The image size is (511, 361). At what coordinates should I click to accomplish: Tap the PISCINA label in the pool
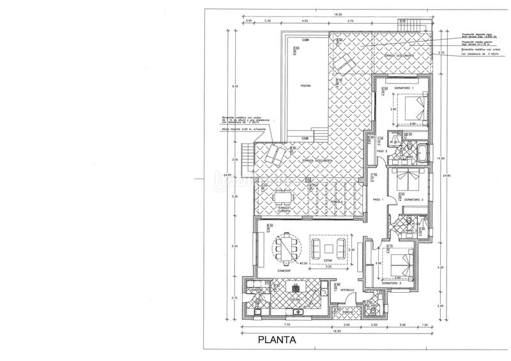point(303,87)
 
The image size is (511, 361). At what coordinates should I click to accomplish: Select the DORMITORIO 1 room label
point(404,87)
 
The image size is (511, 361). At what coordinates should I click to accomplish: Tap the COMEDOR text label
point(285,270)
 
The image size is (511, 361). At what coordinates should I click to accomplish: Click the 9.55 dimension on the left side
point(236,85)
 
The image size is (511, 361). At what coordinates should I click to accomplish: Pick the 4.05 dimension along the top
point(306,21)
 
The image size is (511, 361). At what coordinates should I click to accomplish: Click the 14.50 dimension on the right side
point(440,159)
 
